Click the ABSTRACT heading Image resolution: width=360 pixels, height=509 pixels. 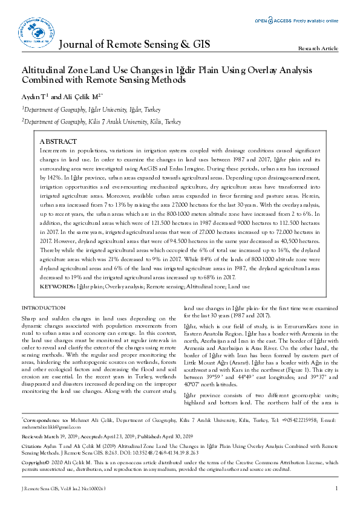click(x=59, y=140)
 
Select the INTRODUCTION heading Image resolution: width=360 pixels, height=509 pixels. click(x=43, y=308)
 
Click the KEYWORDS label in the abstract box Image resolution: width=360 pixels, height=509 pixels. click(x=57, y=285)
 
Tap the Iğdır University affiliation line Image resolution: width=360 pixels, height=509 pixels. click(x=92, y=109)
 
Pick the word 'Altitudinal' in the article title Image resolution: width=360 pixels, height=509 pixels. click(x=47, y=70)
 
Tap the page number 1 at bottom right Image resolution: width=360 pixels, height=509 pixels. click(x=336, y=488)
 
